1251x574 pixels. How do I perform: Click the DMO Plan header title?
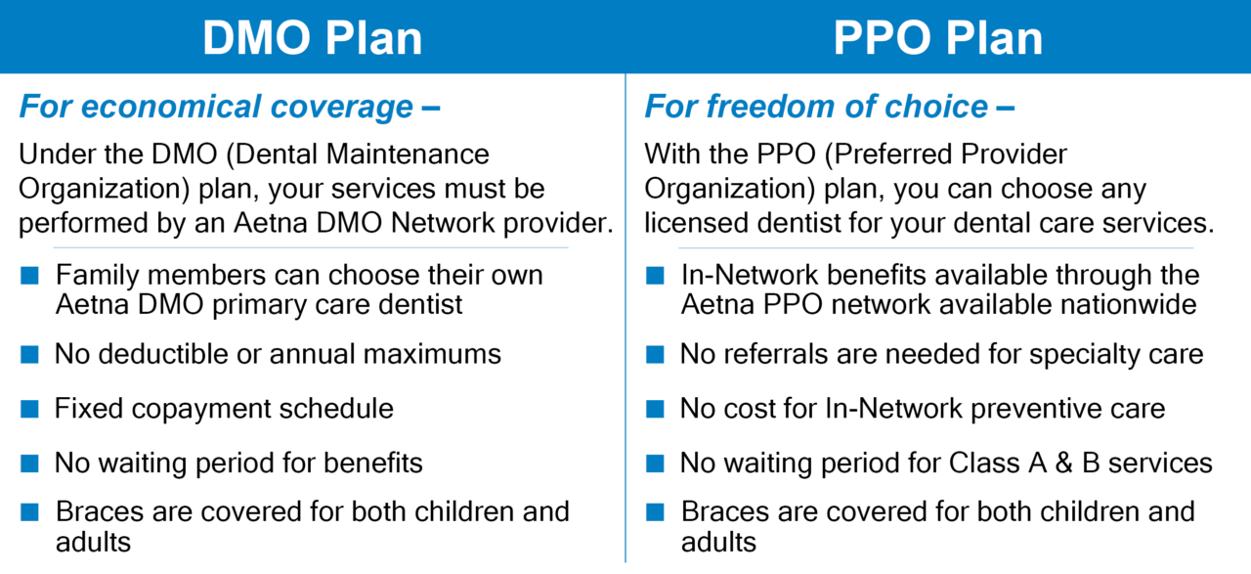[x=312, y=37]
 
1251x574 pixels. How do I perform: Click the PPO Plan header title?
[x=938, y=37]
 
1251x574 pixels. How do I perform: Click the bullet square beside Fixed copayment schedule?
[x=29, y=408]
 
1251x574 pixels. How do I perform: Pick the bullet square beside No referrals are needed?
[x=655, y=354]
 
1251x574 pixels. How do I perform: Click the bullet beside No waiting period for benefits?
[x=29, y=463]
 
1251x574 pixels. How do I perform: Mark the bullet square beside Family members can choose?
[x=29, y=276]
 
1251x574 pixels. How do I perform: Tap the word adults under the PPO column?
[x=718, y=542]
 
